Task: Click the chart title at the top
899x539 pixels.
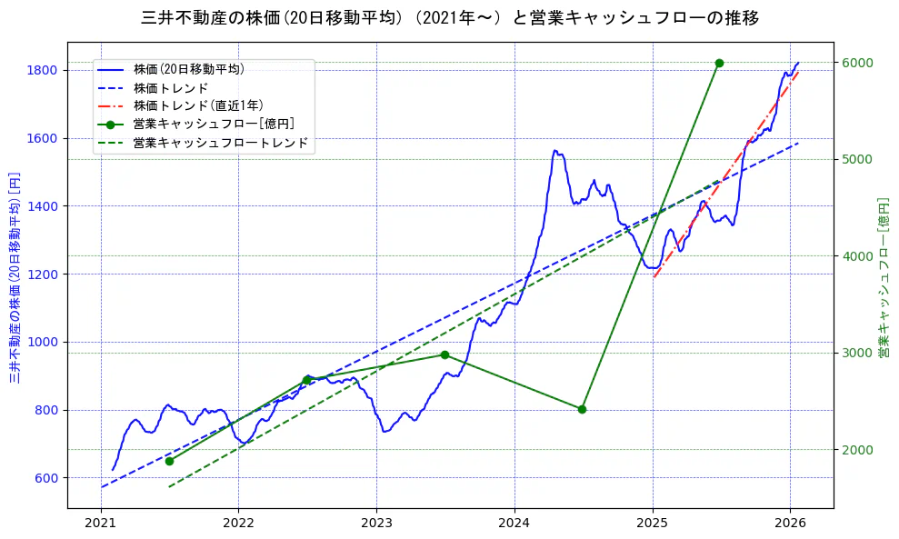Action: pyautogui.click(x=450, y=18)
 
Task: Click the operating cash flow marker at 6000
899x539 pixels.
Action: pyautogui.click(x=719, y=63)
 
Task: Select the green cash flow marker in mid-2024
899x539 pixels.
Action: pyautogui.click(x=582, y=409)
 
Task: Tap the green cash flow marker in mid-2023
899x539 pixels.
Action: pyautogui.click(x=445, y=354)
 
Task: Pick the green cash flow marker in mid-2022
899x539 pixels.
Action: pyautogui.click(x=307, y=380)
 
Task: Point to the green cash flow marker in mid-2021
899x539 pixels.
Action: pyautogui.click(x=169, y=461)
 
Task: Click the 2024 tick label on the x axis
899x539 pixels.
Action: pyautogui.click(x=514, y=524)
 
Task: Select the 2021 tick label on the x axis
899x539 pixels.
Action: pyautogui.click(x=101, y=524)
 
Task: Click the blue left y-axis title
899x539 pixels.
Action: pyautogui.click(x=15, y=276)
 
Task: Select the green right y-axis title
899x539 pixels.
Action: pyautogui.click(x=883, y=276)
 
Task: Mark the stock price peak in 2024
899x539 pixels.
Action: pyautogui.click(x=555, y=151)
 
